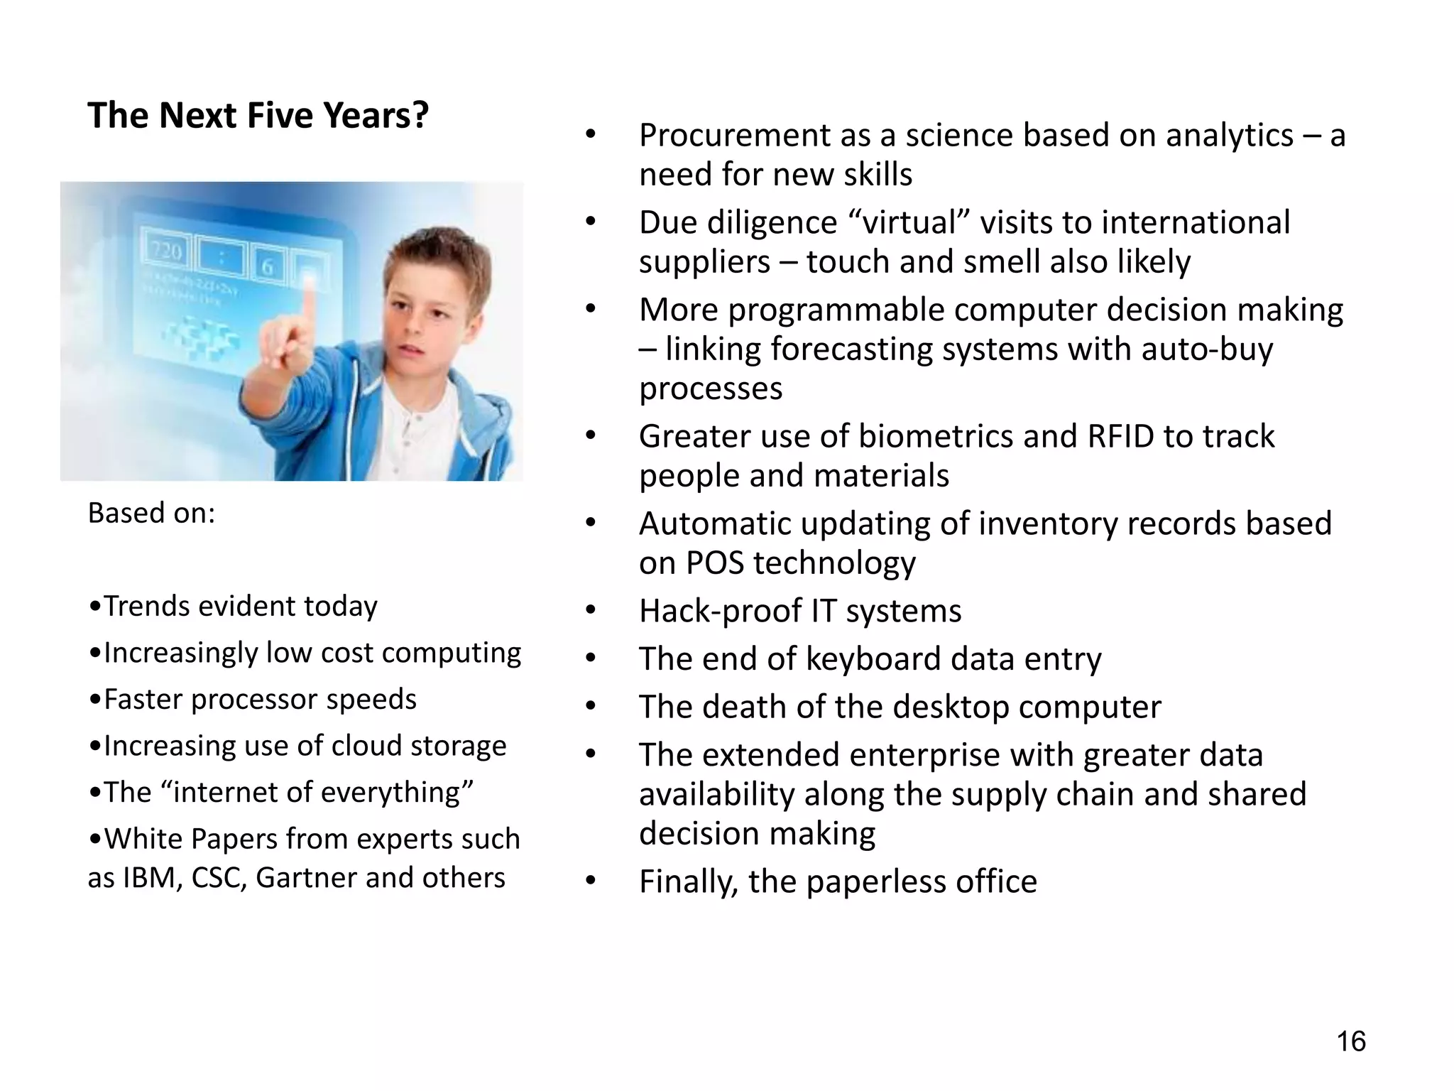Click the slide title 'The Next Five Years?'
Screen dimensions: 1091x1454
[258, 116]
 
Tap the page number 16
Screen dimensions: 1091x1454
[1350, 1041]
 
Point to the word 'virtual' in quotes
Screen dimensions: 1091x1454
[910, 223]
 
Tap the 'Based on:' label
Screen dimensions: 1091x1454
[151, 513]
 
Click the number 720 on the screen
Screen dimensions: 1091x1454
[166, 251]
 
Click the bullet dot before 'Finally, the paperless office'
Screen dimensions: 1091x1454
[591, 881]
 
